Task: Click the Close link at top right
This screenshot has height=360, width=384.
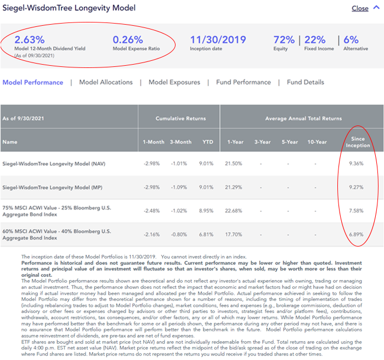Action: (360, 8)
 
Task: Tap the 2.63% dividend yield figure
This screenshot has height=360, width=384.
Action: (30, 39)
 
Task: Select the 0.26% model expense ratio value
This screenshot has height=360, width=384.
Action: (128, 39)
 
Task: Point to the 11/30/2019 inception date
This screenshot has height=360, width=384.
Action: (218, 39)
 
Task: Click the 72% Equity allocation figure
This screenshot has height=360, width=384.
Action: (284, 39)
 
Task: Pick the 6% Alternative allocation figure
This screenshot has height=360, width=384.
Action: (351, 39)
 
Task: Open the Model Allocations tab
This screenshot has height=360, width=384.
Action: (106, 82)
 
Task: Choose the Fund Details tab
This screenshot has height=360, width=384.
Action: (306, 82)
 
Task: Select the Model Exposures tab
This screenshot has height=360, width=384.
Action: (174, 82)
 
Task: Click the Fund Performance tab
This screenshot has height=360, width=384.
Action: (244, 82)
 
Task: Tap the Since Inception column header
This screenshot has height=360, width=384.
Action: (358, 142)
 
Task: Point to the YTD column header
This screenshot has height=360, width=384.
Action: (208, 142)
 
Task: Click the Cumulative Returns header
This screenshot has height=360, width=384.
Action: (180, 118)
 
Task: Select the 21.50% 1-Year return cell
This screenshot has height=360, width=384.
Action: (233, 164)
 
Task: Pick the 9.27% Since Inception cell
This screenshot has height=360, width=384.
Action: (356, 187)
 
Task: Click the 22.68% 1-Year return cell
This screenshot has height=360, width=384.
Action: (233, 211)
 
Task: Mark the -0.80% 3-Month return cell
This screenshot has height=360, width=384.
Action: (179, 235)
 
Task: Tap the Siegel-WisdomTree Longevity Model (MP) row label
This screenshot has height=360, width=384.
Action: (53, 187)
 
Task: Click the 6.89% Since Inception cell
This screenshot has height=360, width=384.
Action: (356, 235)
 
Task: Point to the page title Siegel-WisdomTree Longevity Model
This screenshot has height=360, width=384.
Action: (69, 8)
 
